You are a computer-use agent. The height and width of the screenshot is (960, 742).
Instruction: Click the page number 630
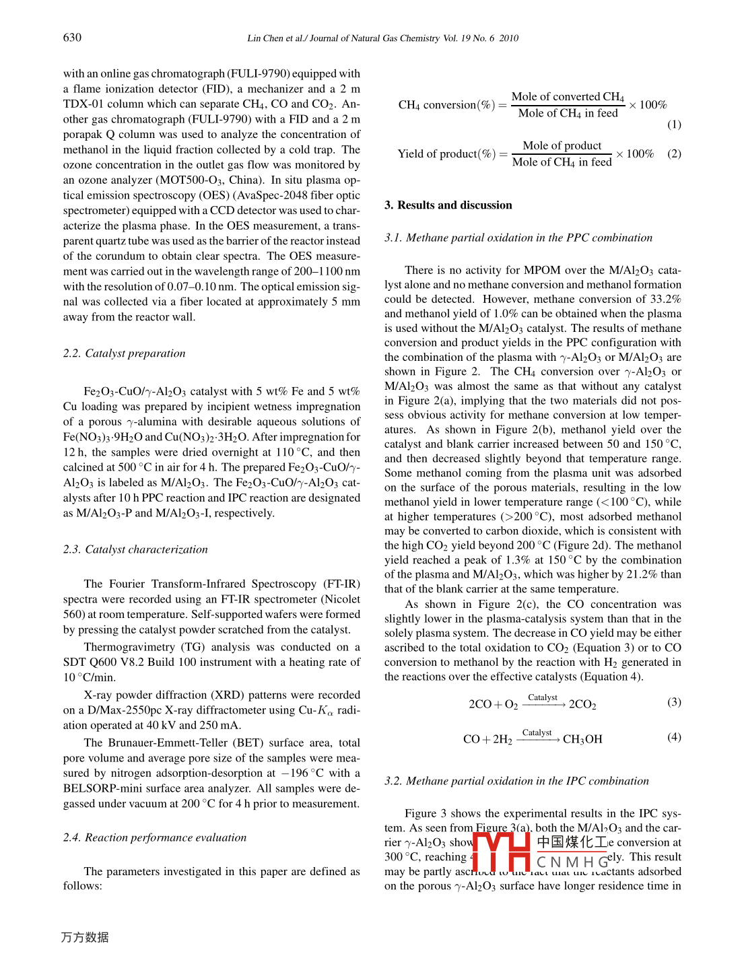[72, 38]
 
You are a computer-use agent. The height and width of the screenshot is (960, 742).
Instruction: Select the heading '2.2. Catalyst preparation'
[124, 353]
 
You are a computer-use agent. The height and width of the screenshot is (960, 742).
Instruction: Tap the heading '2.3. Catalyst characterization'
[135, 549]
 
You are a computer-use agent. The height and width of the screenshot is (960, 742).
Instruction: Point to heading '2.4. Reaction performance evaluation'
[155, 837]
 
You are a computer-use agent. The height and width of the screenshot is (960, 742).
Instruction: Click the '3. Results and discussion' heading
[448, 205]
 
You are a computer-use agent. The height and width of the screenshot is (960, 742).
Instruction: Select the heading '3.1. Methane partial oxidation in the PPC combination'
[518, 238]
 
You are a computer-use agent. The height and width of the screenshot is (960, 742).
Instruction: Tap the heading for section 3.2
[516, 781]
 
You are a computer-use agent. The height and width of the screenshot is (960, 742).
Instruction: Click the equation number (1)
[674, 125]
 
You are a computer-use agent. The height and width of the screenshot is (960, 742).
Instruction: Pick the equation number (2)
[674, 153]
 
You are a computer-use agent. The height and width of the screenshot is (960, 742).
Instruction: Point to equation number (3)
[674, 702]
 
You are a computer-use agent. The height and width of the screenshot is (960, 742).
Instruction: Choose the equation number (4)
[674, 737]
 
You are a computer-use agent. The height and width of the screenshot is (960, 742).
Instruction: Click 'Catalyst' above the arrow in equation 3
[543, 697]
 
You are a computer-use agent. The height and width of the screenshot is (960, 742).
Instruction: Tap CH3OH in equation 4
[582, 739]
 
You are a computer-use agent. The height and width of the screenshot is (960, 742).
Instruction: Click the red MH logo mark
[502, 852]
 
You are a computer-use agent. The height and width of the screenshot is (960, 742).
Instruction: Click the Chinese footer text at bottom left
[85, 937]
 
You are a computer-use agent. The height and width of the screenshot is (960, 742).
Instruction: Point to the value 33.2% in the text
[666, 299]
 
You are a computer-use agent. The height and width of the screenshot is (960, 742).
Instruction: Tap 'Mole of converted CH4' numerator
[568, 97]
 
